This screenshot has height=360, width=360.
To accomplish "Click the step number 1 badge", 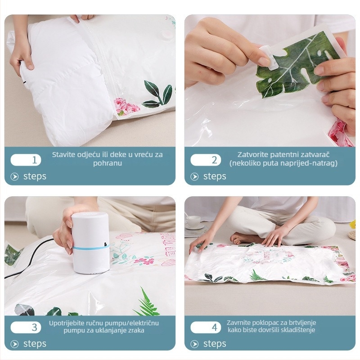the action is [x=26, y=160].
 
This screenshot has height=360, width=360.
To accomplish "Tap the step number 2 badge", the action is [x=206, y=160].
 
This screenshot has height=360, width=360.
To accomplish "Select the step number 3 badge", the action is [x=26, y=327].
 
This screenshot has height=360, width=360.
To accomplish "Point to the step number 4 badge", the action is [x=206, y=327].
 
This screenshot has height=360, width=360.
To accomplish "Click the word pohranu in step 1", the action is [x=108, y=163].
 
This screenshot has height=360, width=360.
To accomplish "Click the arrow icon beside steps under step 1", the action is [x=14, y=176].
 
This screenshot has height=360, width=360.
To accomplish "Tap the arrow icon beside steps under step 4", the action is [x=194, y=344].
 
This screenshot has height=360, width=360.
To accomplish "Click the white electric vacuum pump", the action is [x=90, y=243].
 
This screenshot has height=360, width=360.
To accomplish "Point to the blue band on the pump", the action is [x=91, y=247].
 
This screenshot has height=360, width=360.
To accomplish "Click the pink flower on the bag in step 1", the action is [x=126, y=106].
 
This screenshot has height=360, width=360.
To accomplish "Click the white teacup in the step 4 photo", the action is [x=193, y=221].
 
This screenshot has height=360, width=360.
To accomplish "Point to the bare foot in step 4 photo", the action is [x=243, y=239].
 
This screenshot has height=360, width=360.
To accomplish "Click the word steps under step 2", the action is [x=215, y=176].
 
